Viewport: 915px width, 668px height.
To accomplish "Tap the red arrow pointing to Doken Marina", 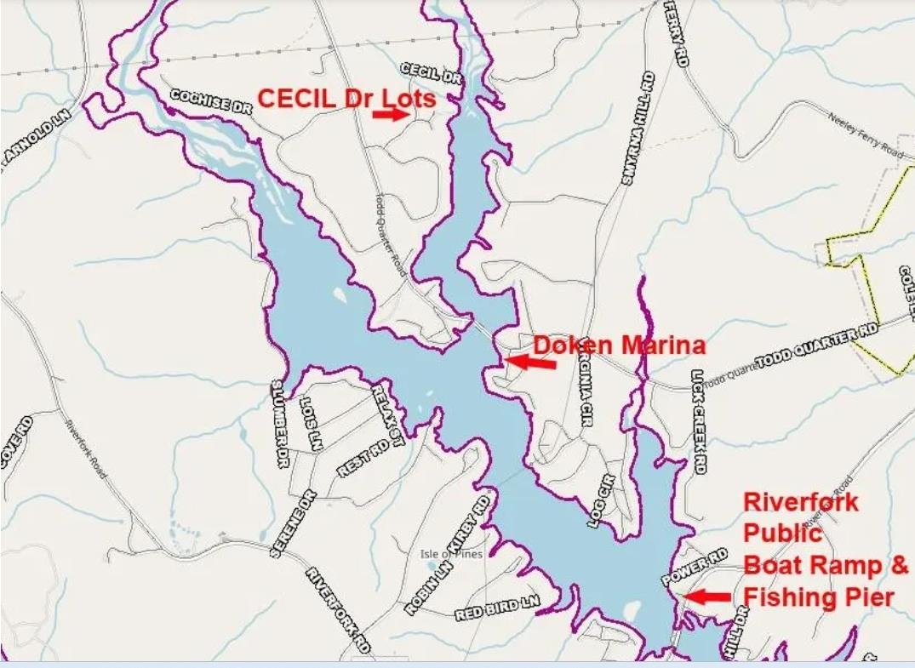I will click(530, 362).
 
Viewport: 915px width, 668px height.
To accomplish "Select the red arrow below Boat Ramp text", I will click(708, 597).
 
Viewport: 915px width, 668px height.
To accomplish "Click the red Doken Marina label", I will click(619, 345).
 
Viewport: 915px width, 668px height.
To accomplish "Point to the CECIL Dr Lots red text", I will click(346, 99).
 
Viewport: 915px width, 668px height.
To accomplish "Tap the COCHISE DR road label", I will click(211, 103).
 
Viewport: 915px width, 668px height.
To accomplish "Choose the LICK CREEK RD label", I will click(699, 421).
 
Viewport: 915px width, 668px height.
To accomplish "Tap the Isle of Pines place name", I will click(451, 554).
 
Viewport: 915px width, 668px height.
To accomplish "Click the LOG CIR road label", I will click(602, 501).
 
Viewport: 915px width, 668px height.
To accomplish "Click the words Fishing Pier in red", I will click(819, 597).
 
